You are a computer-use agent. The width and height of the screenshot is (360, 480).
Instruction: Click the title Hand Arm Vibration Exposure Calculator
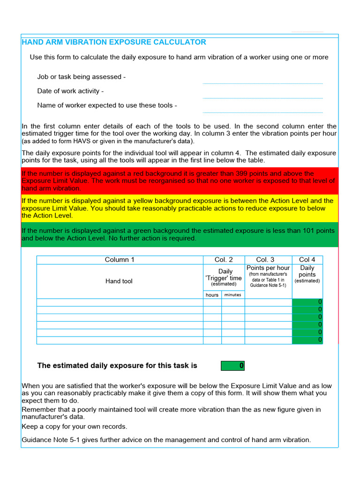[x=114, y=42]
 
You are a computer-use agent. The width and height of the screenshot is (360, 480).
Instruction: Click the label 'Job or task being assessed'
[x=81, y=77]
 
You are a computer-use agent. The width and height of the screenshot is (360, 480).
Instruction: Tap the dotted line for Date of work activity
[x=262, y=97]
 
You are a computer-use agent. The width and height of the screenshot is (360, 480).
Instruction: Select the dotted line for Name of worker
[x=262, y=112]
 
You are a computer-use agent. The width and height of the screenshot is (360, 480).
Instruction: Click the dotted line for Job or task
[x=262, y=83]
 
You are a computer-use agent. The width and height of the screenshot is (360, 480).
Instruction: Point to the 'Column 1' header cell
[x=120, y=260]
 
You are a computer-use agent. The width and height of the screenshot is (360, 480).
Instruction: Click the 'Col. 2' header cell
[x=224, y=260]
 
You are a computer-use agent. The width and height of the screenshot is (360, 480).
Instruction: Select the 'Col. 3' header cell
[x=268, y=260]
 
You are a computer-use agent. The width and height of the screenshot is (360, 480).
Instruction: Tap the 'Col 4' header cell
[x=307, y=260]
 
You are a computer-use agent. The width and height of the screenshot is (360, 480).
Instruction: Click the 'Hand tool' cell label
[x=119, y=281]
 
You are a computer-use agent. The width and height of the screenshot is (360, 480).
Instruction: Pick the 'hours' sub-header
[x=212, y=295]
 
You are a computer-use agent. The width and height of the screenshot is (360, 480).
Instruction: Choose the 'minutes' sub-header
[x=232, y=295]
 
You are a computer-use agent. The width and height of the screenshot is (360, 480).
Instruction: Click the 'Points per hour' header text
[x=268, y=268]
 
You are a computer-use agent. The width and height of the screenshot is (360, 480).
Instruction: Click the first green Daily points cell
[x=307, y=302]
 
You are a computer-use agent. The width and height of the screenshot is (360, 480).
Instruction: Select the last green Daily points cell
[x=307, y=340]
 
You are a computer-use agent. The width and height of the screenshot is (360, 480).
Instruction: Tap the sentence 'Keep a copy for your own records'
[x=75, y=427]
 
